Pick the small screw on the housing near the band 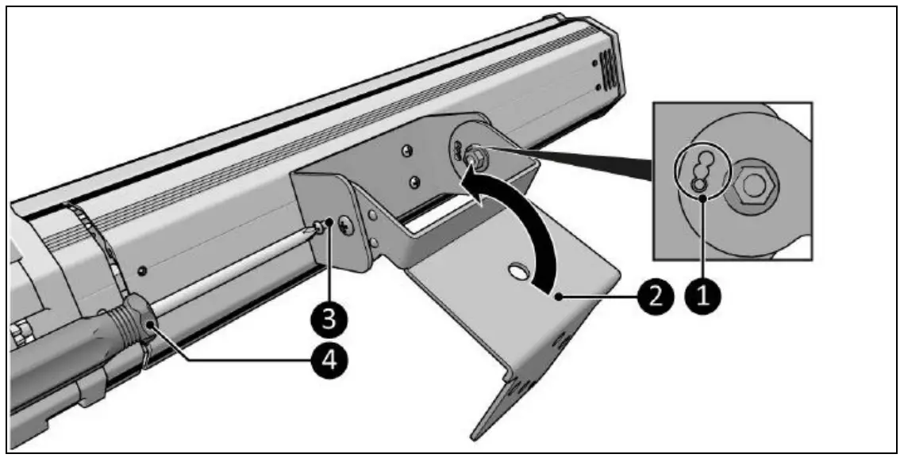141,271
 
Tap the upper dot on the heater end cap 597,62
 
